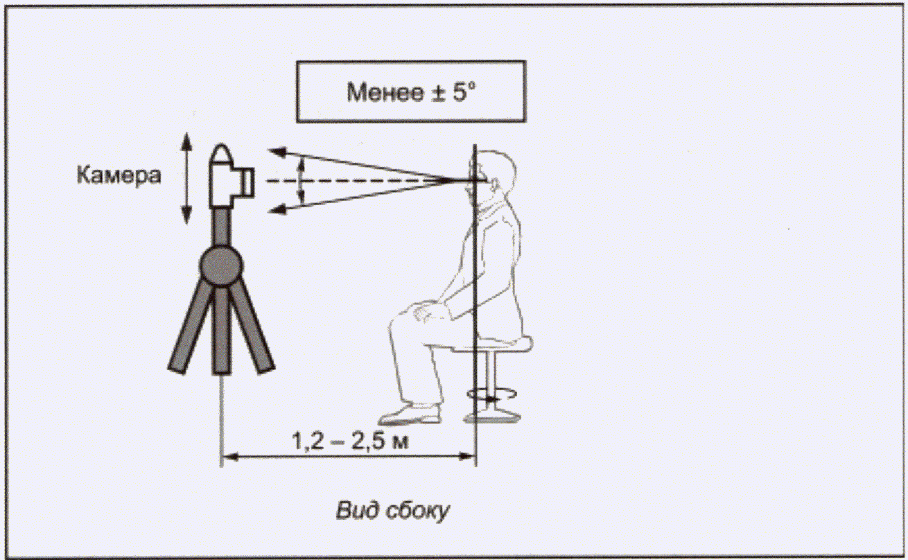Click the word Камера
coord(119,175)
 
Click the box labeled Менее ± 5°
coord(411,91)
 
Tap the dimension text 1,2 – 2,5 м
coord(350,441)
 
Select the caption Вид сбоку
coord(392,510)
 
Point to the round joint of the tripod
coord(221,266)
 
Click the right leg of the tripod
coord(252,327)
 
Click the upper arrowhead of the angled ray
coord(277,152)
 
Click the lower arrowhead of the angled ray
coord(277,209)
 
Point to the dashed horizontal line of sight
coord(357,181)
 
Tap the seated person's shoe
coord(410,414)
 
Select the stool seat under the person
coord(493,344)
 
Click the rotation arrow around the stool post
coord(491,394)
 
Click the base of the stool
coord(491,417)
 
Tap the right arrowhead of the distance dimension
coord(466,456)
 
